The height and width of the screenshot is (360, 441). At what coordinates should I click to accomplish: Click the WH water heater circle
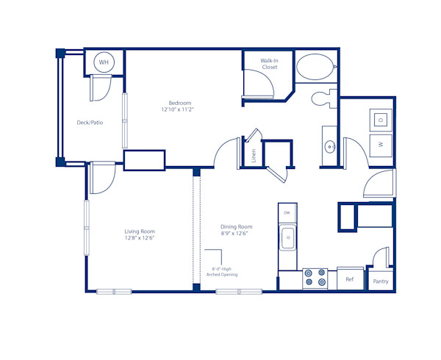coord(104,62)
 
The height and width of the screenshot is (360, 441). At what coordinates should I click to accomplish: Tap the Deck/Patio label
coord(90,123)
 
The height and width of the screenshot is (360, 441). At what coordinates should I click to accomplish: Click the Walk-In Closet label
coord(269,64)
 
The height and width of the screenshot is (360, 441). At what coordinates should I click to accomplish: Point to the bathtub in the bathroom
coord(315,68)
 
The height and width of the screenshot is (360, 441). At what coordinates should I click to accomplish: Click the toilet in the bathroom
coord(321,98)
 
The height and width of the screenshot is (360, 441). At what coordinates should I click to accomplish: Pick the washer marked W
coord(381,145)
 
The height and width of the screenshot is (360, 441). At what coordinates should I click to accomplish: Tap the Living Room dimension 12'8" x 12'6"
coord(140,238)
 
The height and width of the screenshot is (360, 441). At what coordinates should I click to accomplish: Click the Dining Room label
coord(237,227)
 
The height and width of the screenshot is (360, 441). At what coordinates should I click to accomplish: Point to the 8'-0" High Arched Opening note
coord(225,272)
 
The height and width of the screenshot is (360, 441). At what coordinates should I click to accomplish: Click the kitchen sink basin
coord(287,237)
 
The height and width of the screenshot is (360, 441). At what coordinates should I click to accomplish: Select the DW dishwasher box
coord(287,212)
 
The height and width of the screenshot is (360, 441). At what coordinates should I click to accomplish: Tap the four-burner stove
coord(315,278)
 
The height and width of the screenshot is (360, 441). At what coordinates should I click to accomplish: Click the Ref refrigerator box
coord(350,279)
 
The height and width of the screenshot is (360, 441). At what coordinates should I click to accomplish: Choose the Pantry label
coord(381,281)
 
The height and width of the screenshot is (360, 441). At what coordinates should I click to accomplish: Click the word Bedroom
coord(180,103)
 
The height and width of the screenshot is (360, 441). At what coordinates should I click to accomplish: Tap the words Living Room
coord(140,231)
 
